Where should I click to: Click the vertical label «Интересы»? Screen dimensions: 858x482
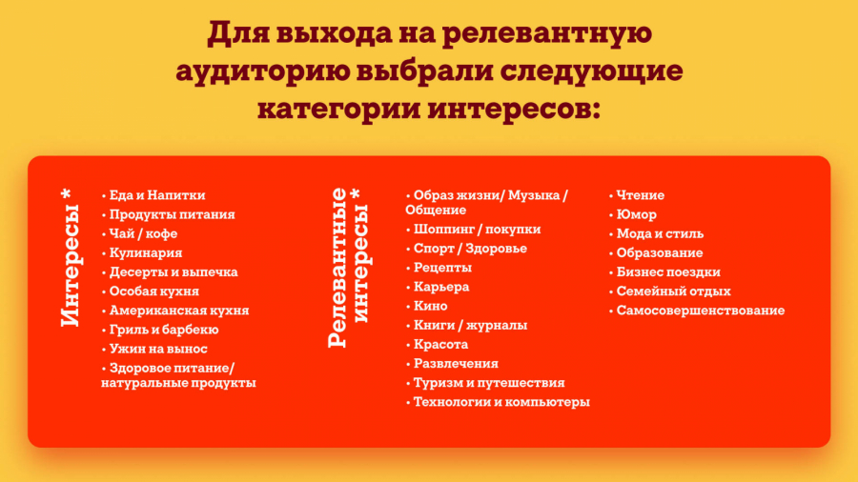(70, 266)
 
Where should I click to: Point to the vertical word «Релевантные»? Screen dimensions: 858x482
(337, 268)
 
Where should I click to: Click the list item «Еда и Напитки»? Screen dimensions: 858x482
(157, 195)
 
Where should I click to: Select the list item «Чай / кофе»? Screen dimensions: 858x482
(143, 234)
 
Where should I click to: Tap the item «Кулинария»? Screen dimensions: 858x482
(146, 253)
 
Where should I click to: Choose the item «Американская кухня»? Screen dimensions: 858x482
(179, 311)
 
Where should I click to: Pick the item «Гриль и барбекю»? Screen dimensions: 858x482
(164, 330)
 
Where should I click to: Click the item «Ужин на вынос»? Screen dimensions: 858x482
(158, 349)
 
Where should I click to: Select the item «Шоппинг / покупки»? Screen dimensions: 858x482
(478, 230)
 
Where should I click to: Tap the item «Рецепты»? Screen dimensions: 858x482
(442, 268)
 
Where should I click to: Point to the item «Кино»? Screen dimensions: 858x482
(431, 306)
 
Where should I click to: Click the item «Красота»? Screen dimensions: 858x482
(441, 344)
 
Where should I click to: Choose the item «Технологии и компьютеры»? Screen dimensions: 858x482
(501, 402)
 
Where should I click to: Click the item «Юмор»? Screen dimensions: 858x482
(637, 214)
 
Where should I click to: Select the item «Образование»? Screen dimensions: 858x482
(660, 253)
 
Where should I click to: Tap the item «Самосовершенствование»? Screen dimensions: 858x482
(701, 311)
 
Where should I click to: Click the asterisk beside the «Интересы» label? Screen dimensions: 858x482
(66, 194)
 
